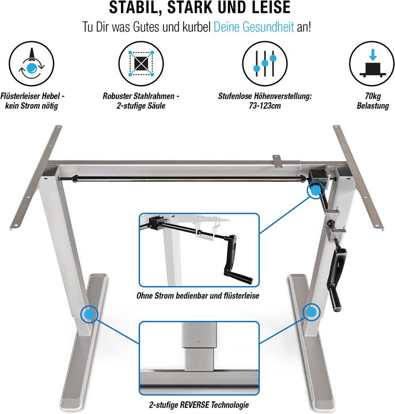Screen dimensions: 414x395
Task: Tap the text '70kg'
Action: [x=373, y=97]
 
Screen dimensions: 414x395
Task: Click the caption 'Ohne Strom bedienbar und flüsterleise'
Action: [x=198, y=296]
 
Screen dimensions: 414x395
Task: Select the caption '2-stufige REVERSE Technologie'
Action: [x=198, y=405]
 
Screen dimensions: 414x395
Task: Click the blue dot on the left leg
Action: [x=89, y=314]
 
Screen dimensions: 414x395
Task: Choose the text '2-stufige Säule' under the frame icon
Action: [x=141, y=106]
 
